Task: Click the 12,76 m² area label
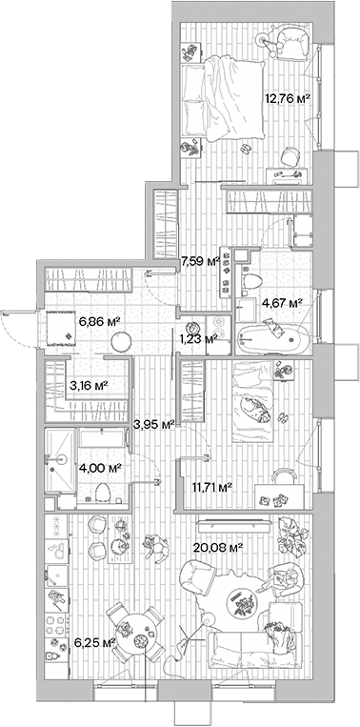[288, 97]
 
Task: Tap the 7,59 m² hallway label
[200, 260]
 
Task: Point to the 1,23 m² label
[199, 336]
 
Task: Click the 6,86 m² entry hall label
[98, 323]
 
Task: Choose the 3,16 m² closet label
[87, 386]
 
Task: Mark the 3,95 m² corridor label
[152, 424]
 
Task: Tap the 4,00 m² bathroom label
[100, 468]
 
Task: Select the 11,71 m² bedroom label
[212, 489]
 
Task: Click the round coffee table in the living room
[241, 601]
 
